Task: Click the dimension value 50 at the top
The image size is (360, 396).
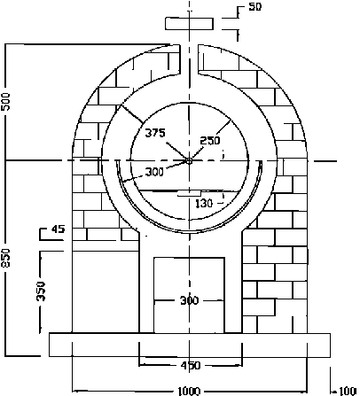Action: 255,7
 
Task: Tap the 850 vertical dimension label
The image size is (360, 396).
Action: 7,257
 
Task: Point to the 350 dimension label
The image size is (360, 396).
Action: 40,292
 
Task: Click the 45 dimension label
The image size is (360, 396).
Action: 59,229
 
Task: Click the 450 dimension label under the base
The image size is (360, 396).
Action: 190,365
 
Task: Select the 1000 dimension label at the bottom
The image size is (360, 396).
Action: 189,390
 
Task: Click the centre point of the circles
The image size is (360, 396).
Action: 189,160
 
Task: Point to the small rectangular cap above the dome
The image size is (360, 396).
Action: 189,22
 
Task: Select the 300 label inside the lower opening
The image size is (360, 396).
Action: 189,300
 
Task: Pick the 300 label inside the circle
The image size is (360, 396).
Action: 153,172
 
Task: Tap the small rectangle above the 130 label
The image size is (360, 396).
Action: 191,192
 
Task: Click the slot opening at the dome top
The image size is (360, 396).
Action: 189,58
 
